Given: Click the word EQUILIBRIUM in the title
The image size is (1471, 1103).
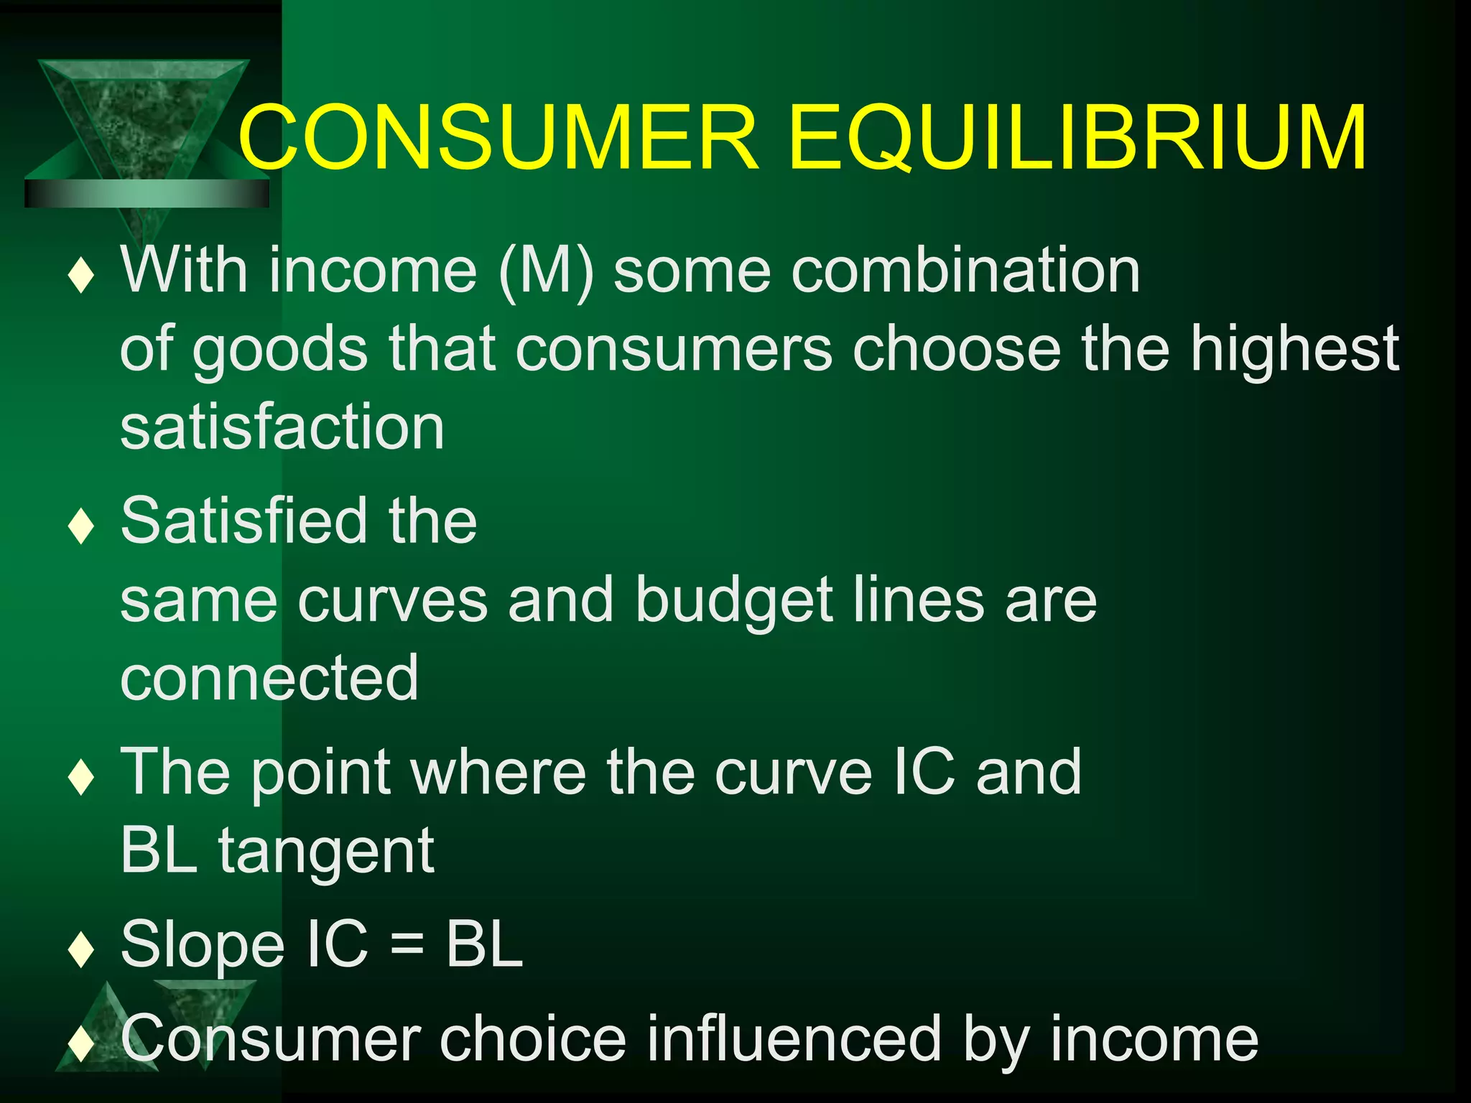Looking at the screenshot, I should click(x=1077, y=138).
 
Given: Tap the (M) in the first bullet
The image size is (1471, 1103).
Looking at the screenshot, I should click(x=546, y=271).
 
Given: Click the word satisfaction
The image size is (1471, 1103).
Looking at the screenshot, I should click(x=282, y=428).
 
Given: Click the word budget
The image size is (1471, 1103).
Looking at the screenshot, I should click(x=733, y=600).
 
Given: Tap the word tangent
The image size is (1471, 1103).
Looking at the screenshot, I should click(x=326, y=852).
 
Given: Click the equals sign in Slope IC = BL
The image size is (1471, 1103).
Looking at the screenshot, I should click(x=407, y=946).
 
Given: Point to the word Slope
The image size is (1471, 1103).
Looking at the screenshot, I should click(x=203, y=946).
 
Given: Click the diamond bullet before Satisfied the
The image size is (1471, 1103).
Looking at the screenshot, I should click(x=81, y=526).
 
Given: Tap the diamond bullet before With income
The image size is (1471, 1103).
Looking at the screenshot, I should click(x=81, y=276).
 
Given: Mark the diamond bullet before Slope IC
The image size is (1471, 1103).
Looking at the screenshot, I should click(x=81, y=950).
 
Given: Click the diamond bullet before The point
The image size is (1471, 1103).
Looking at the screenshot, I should click(x=81, y=777).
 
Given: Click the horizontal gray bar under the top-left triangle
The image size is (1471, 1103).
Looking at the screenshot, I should click(x=147, y=193).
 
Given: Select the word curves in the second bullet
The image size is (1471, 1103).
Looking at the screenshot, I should click(x=392, y=600).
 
